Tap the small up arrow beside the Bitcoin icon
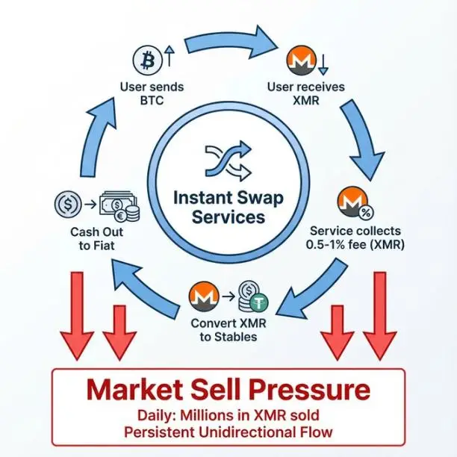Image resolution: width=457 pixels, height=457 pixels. (x=170, y=56)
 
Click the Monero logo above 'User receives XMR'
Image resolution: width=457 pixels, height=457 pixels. (x=302, y=60)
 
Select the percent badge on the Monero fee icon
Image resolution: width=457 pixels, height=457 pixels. (x=366, y=213)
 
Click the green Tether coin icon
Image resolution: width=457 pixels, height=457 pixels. (x=258, y=304)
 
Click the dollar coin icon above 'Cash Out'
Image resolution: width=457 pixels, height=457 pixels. (x=68, y=205)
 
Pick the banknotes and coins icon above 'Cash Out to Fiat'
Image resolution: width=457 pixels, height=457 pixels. (x=119, y=206)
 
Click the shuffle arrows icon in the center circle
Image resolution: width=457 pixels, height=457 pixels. (x=228, y=160)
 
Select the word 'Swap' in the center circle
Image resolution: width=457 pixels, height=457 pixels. (x=260, y=198)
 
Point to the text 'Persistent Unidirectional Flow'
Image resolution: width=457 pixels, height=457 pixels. (x=228, y=432)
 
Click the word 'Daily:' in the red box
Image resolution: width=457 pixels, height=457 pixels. (x=156, y=415)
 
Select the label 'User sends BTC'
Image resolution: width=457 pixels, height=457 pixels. (x=152, y=93)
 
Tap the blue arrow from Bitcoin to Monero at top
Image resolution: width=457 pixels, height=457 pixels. (x=230, y=43)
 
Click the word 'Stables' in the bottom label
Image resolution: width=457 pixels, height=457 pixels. (x=236, y=337)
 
